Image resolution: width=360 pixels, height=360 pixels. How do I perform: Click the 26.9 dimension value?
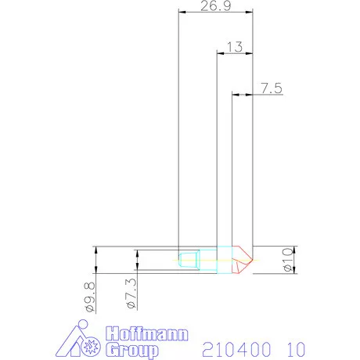click(209, 6)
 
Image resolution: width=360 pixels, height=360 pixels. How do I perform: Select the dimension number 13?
click(234, 46)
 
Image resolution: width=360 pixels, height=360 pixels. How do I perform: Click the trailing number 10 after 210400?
click(292, 345)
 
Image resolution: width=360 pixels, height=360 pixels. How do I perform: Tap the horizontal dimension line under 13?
click(235, 53)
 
